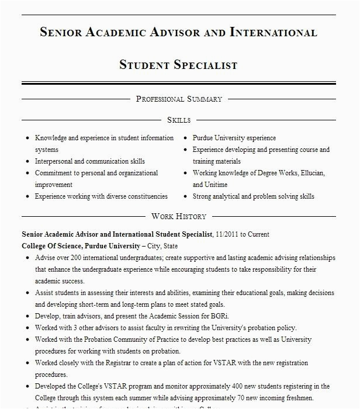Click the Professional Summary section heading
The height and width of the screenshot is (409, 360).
179,99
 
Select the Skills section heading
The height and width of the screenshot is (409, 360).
179,120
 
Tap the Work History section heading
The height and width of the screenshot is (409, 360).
179,216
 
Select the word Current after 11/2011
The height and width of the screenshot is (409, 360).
258,234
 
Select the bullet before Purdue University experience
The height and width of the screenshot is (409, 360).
185,138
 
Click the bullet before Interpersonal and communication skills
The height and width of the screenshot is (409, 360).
27,162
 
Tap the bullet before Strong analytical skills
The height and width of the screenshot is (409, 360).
185,197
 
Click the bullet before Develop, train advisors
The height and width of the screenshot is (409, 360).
27,317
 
